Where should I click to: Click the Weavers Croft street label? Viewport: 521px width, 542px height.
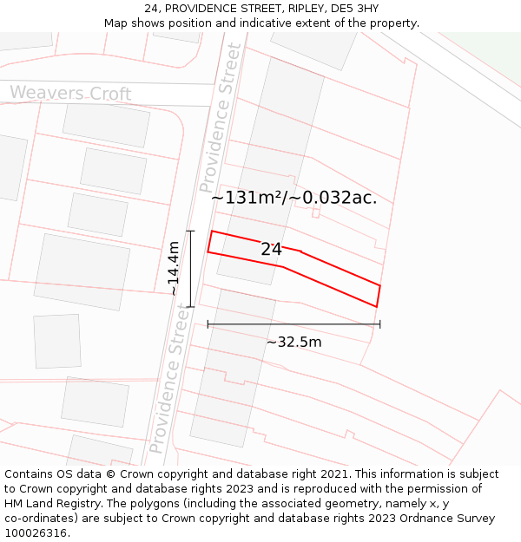coord(70,94)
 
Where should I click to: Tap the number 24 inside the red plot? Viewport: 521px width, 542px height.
coord(271,250)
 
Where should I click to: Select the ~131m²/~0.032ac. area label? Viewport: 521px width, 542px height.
coord(293,198)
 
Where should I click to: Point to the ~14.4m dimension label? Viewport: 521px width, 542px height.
coord(174,269)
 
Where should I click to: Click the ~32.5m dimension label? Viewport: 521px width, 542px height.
coord(293,343)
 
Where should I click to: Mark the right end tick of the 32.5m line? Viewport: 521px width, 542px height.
coord(380,324)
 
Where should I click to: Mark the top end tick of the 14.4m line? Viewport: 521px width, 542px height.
coord(190,231)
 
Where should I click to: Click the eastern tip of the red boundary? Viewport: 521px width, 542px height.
coord(380,285)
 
